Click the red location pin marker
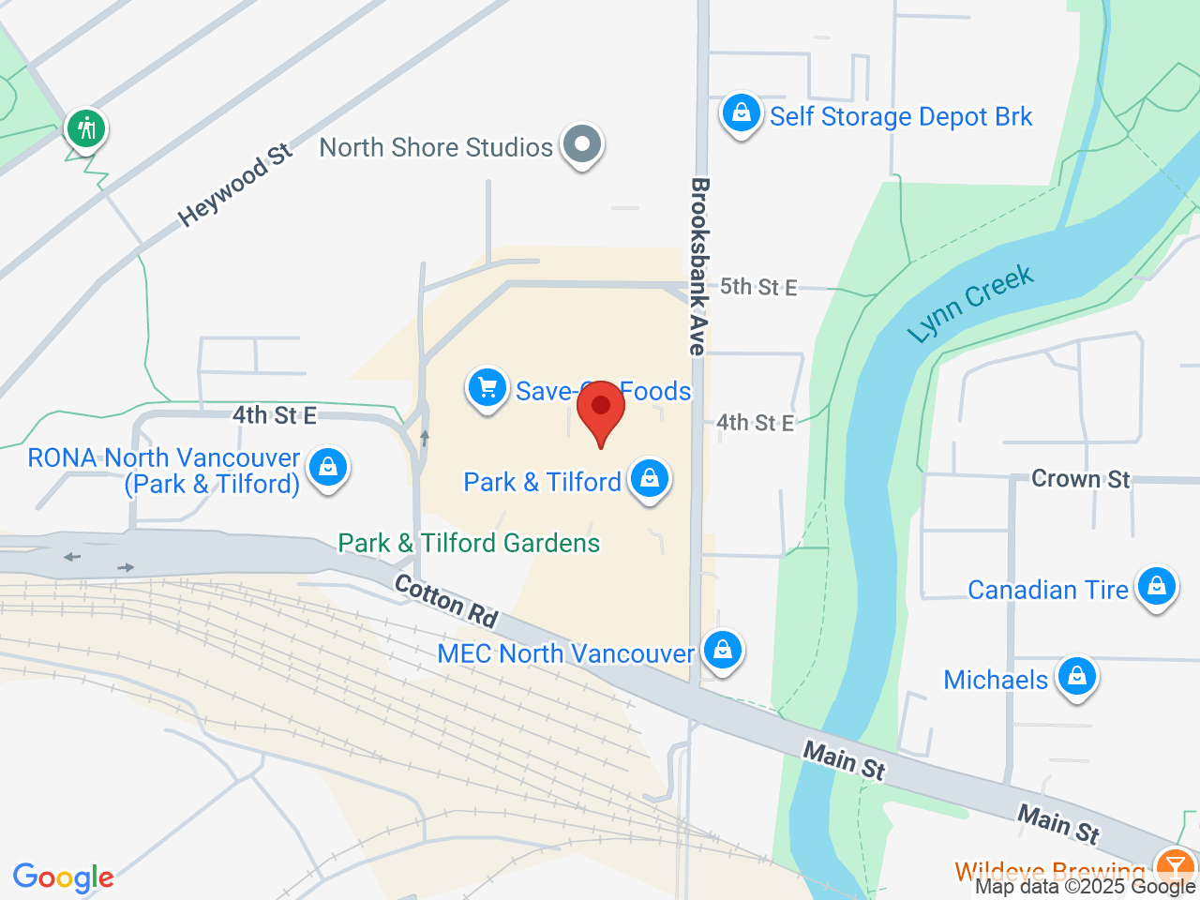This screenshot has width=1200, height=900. [600, 413]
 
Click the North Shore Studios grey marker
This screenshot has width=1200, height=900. [582, 144]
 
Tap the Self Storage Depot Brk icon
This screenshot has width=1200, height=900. [741, 113]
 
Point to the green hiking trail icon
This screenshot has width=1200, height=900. [87, 127]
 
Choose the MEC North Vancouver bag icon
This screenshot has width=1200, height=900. [722, 650]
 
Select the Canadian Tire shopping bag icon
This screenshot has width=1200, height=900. [1156, 587]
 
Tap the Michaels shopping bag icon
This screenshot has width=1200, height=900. [1076, 677]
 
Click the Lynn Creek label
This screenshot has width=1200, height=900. [970, 303]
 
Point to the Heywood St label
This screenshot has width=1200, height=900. [235, 185]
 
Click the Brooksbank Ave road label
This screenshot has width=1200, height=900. [698, 266]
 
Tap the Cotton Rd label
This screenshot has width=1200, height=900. [446, 600]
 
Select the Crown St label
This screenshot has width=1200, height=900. [1080, 479]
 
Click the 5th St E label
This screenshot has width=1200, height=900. [757, 287]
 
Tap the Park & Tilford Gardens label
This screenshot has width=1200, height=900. [469, 544]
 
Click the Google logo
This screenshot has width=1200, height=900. [63, 877]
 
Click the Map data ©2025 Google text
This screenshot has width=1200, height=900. [1085, 886]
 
